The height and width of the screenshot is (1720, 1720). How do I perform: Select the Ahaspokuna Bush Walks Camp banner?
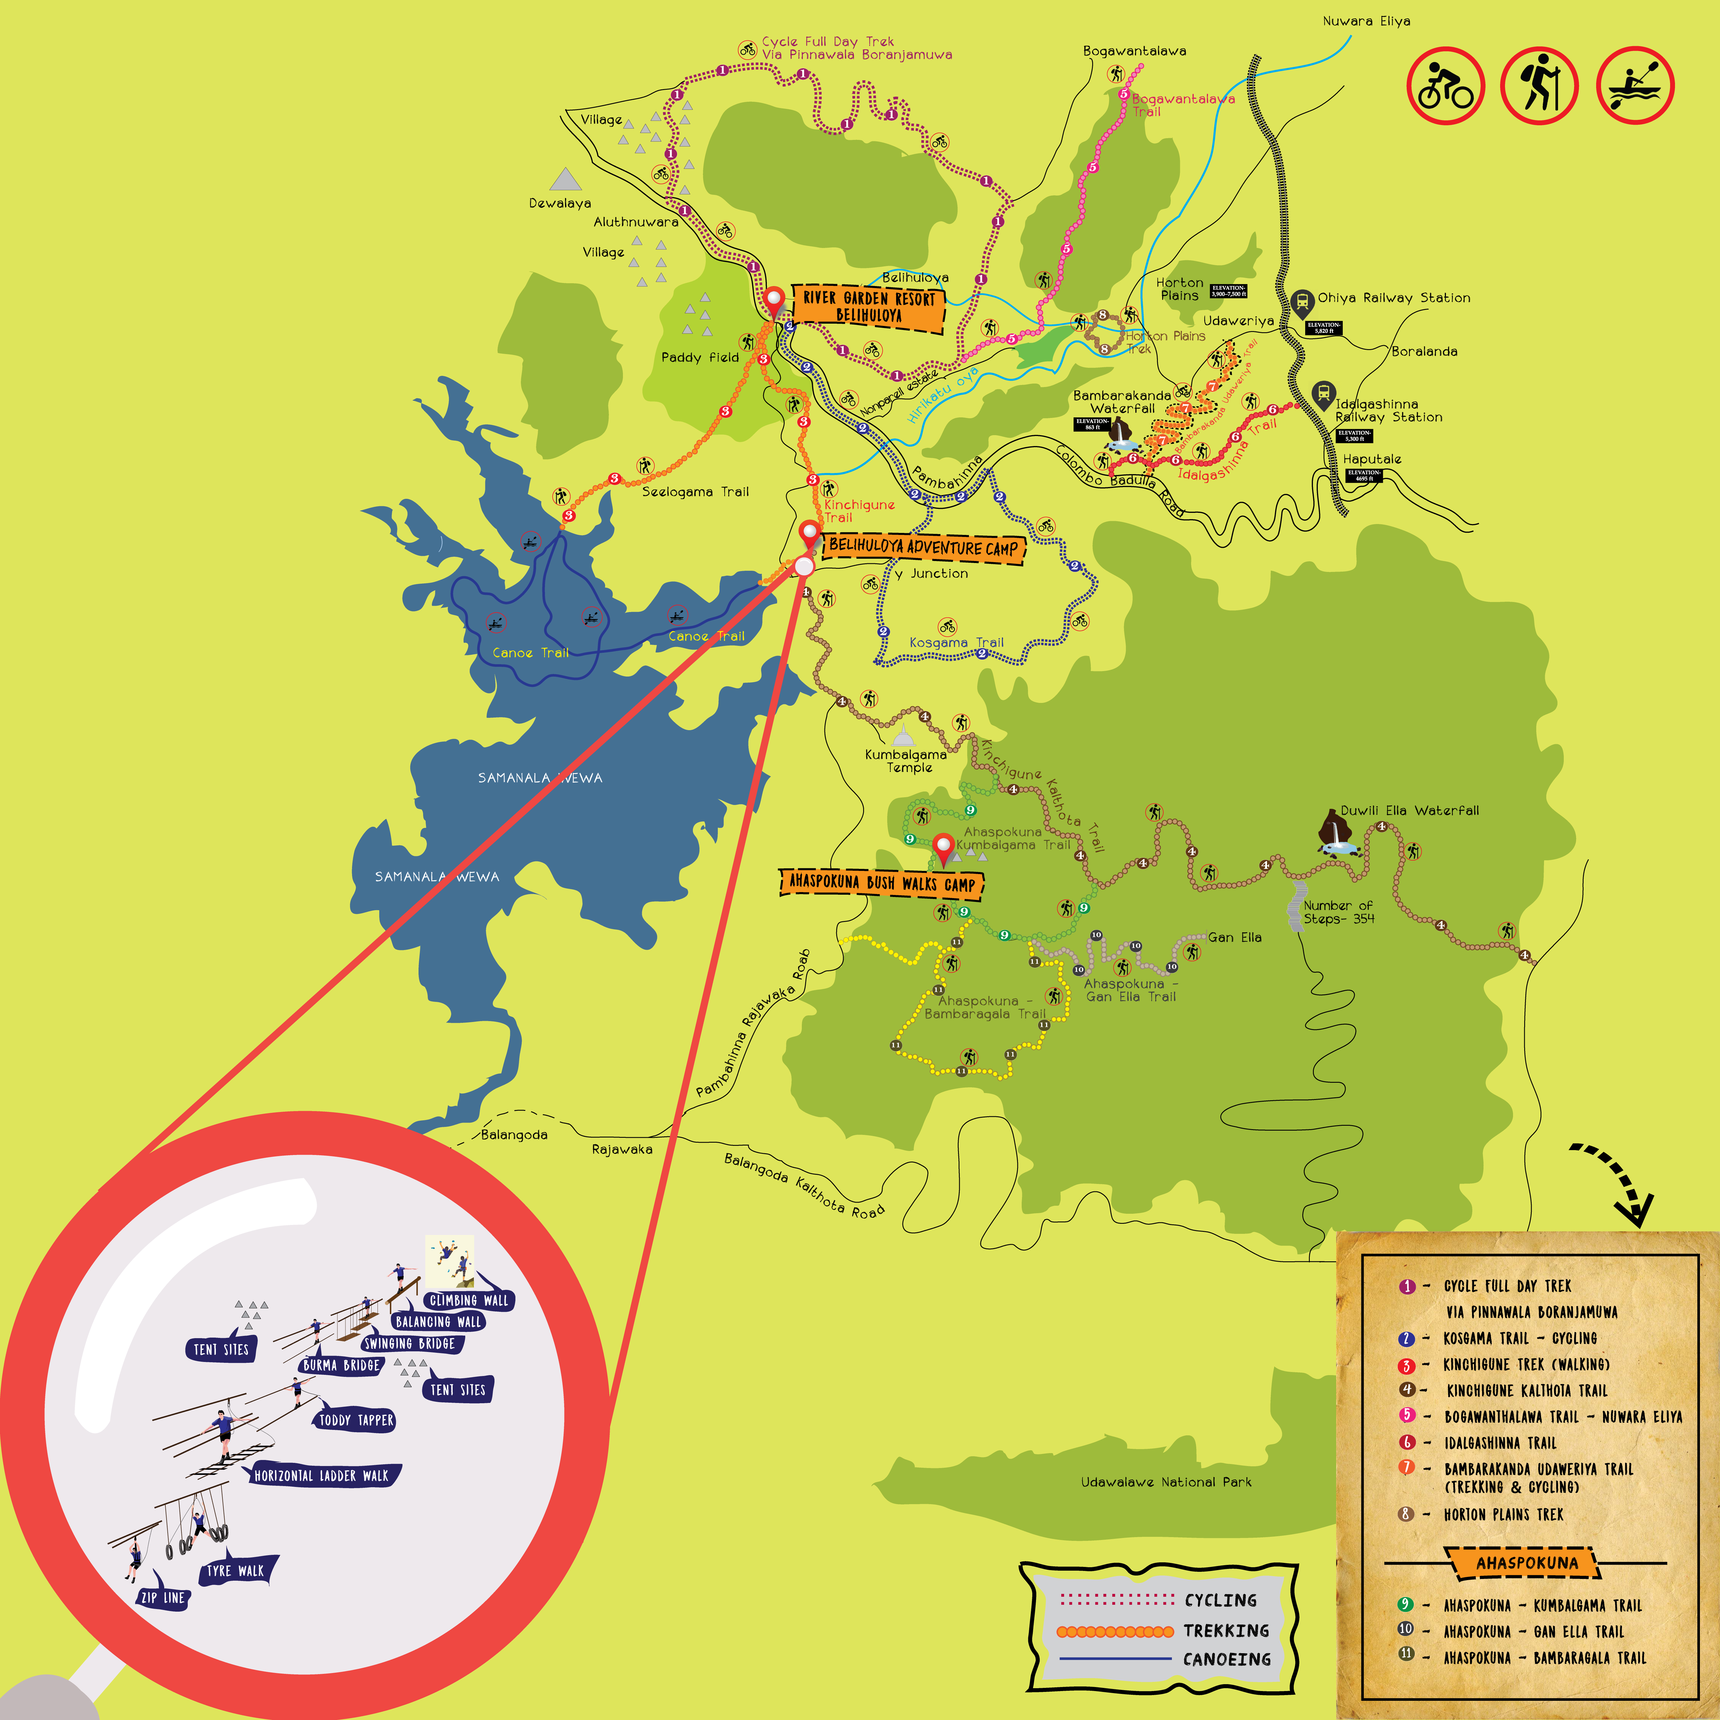[x=881, y=883]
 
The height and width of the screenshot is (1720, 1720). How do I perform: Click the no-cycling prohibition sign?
[x=1445, y=86]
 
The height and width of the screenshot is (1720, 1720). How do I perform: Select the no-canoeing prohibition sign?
[x=1635, y=86]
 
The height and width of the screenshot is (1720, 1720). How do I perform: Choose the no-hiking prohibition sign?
[x=1539, y=86]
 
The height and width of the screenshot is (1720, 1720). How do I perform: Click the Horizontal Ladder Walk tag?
[x=321, y=1475]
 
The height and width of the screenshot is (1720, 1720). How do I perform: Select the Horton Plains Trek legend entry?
[x=1503, y=1514]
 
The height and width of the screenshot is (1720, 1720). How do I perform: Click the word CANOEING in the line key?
[x=1227, y=1660]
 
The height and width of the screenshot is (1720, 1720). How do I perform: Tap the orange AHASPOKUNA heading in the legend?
[x=1526, y=1562]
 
